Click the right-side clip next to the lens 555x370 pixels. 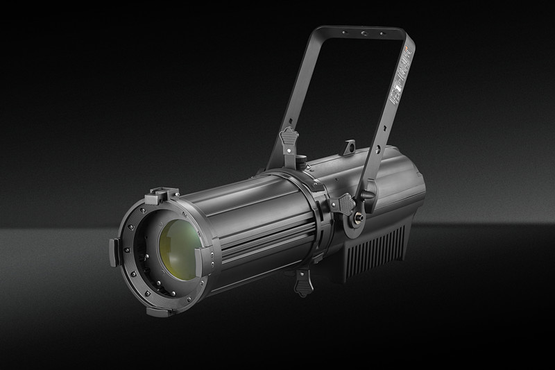pyautogui.click(x=206, y=258)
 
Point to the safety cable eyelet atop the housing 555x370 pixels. pyautogui.click(x=349, y=146)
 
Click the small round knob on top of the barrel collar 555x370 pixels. pyautogui.click(x=302, y=162)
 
